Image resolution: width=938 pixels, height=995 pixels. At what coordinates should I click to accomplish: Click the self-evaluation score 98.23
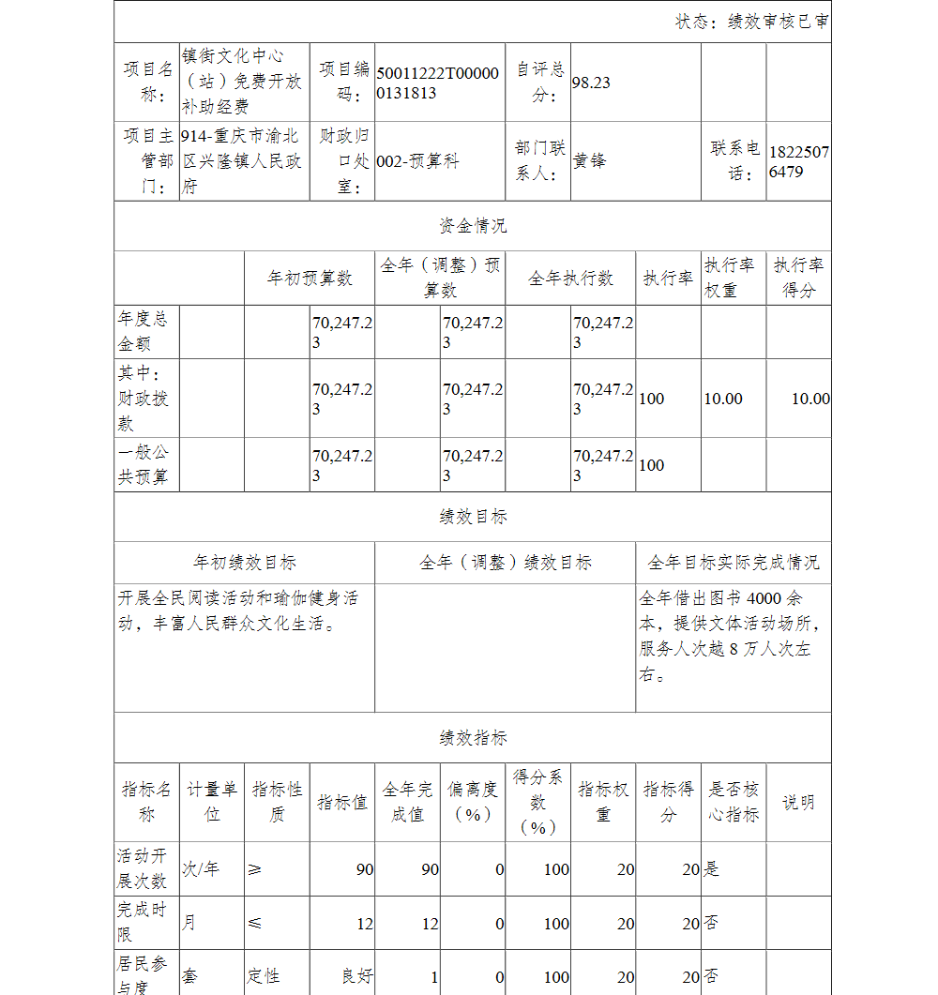point(591,83)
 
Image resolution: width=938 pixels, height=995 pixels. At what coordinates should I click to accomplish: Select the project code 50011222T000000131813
point(437,83)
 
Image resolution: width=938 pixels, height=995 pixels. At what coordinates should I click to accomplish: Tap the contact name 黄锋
point(590,160)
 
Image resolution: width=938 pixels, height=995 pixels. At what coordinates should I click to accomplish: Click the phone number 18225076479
point(798,161)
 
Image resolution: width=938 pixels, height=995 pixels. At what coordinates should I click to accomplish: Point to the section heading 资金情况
point(473,226)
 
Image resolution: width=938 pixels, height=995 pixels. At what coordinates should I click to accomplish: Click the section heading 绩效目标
point(473,517)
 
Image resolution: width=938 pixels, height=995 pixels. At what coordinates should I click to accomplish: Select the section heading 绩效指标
point(473,738)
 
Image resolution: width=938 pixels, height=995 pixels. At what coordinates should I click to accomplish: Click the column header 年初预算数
point(310,279)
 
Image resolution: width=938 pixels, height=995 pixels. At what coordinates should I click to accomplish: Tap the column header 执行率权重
point(733,279)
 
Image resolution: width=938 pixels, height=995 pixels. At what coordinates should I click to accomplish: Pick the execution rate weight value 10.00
point(723,399)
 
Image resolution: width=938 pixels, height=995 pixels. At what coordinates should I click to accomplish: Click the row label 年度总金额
point(143,332)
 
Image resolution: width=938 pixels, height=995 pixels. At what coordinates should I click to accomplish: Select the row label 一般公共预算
point(143,465)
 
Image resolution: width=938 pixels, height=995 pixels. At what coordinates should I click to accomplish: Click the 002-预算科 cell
point(417,161)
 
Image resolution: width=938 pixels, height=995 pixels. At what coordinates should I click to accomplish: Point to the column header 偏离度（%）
point(473,803)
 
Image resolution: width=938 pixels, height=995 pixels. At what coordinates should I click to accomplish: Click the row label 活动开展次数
point(143,869)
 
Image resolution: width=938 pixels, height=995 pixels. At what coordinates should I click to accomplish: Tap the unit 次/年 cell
point(201,869)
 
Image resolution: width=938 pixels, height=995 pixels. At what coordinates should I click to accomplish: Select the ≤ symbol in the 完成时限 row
point(255,924)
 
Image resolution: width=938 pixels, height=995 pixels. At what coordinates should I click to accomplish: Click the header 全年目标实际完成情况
point(733,563)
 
